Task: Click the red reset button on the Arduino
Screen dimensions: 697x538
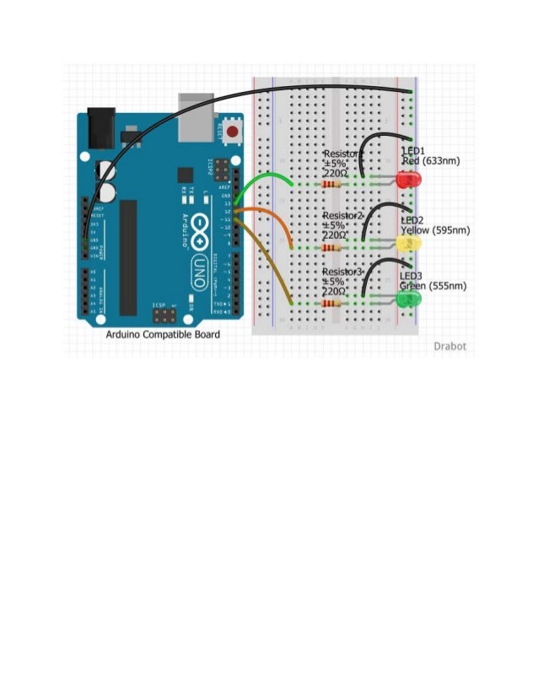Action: coord(231,133)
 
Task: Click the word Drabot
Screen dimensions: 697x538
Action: coord(449,346)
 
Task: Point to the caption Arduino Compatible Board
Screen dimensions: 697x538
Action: coord(163,335)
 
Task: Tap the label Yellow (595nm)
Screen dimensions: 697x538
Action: coord(434,230)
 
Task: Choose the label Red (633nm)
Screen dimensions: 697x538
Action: coord(430,161)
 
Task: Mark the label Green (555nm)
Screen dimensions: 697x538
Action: coord(433,286)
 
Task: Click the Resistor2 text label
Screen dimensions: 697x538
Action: coord(342,216)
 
